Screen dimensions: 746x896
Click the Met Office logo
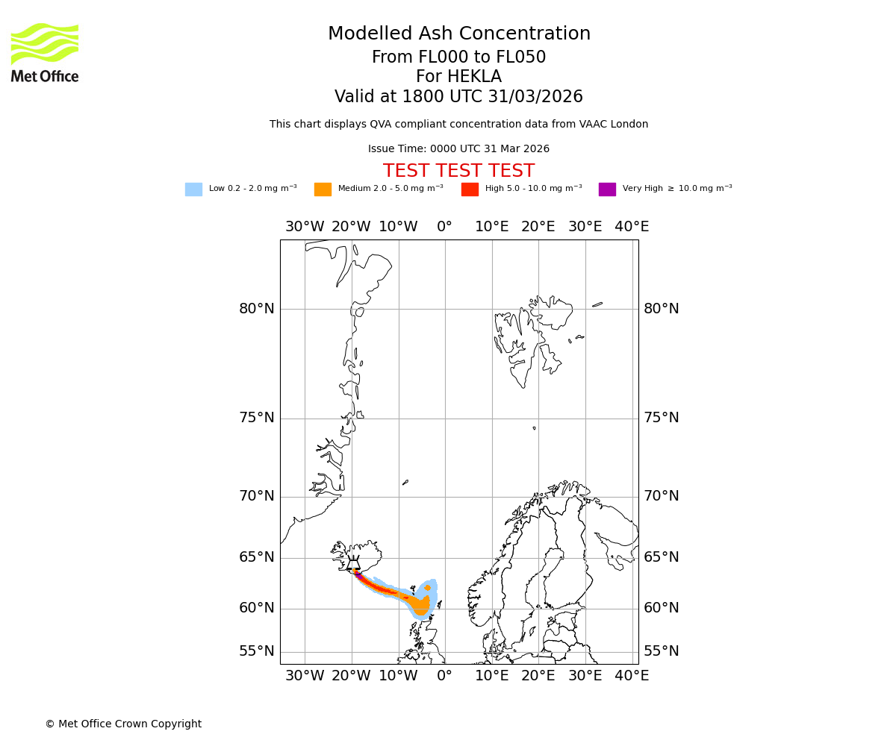tap(45, 52)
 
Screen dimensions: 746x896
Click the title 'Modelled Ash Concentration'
tap(458, 34)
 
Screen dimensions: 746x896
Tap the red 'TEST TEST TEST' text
tap(458, 172)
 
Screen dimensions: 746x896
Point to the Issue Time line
tap(458, 149)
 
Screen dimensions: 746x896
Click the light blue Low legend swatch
tap(193, 189)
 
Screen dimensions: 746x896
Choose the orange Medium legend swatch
tap(323, 189)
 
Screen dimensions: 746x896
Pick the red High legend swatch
tap(470, 189)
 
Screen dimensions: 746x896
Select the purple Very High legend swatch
tap(607, 189)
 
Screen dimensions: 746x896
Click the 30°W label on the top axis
tap(305, 227)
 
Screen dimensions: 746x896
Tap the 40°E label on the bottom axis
tap(632, 676)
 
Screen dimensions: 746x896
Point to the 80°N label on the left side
tap(257, 309)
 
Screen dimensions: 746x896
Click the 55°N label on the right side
tap(662, 651)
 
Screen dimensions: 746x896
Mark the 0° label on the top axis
tap(445, 227)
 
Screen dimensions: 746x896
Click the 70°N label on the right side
tap(662, 496)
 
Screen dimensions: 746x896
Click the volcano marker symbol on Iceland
tap(353, 565)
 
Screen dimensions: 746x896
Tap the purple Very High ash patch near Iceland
tap(358, 575)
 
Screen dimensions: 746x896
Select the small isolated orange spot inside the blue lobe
tap(427, 588)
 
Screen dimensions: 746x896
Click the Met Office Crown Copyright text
tap(123, 724)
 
